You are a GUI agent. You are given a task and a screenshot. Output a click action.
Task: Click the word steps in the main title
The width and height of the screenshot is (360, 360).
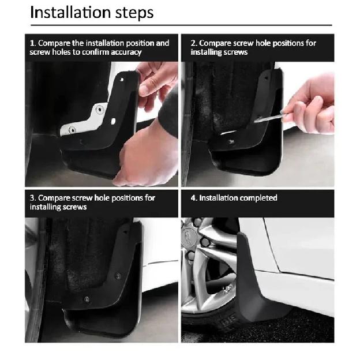[x=133, y=13]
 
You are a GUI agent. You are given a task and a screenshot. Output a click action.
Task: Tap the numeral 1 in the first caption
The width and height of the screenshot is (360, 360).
[x=32, y=43]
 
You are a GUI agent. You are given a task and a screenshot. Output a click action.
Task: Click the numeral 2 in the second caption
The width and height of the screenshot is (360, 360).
[x=193, y=43]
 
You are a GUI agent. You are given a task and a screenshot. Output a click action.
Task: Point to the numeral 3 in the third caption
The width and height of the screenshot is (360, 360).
[x=32, y=198]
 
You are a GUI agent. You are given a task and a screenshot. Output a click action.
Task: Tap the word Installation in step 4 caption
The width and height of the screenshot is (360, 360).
[x=216, y=198]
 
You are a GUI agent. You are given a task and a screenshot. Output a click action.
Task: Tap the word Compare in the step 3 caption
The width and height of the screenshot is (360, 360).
[x=55, y=198]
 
